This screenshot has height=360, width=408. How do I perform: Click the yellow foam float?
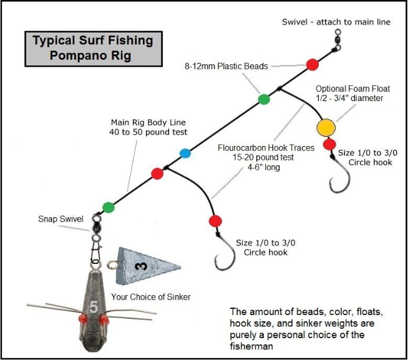[326, 127]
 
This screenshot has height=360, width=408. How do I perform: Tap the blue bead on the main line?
[185, 153]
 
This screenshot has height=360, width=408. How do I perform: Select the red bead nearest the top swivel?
[313, 64]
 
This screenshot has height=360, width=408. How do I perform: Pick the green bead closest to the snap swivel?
[109, 207]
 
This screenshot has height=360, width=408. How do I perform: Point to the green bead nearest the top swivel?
[263, 99]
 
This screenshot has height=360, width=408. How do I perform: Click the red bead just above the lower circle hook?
[216, 221]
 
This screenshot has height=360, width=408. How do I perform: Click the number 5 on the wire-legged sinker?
[93, 306]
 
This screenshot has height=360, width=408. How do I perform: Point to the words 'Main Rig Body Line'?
[148, 123]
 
